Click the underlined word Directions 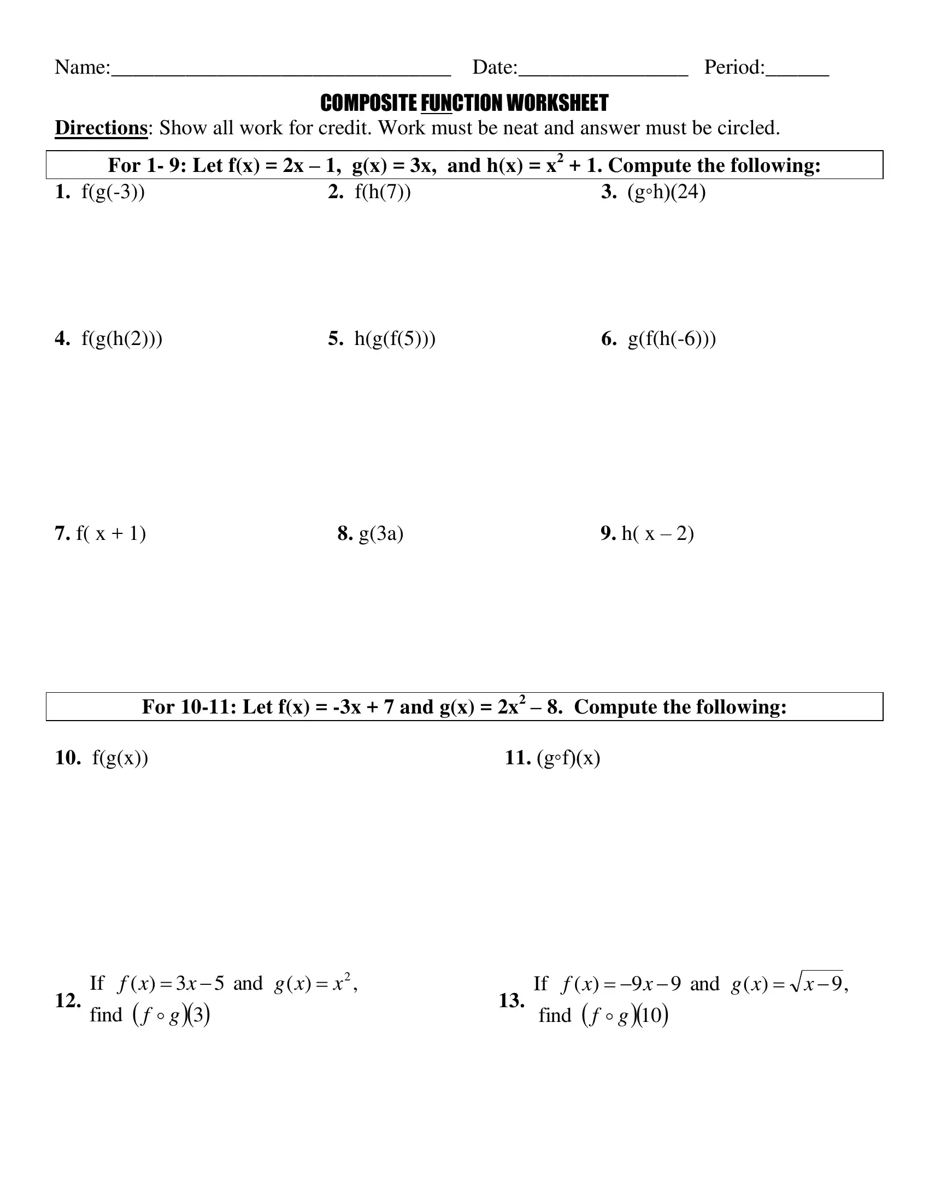coord(101,128)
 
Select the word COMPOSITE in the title coord(368,103)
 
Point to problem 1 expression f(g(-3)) coord(113,192)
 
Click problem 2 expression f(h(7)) coord(383,192)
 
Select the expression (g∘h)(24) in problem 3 coord(666,192)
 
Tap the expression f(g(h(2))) coord(122,339)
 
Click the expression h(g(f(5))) coord(395,339)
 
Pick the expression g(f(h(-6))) coord(672,339)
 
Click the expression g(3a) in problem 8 coord(381,533)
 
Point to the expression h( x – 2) coord(657,533)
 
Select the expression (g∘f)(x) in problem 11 coord(568,758)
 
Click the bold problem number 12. coord(68,1000)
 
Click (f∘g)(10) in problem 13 coord(625,1015)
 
